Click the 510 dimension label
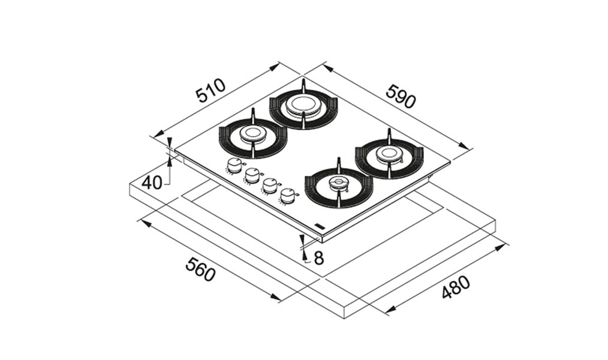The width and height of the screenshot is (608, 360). tap(210, 90)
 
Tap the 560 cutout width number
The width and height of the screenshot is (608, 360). tap(200, 269)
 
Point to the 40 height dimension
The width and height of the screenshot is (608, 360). tap(152, 182)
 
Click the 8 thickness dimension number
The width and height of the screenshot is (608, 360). tap(319, 258)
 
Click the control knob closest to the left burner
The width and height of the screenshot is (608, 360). tap(233, 166)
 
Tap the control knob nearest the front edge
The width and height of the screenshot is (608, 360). tap(287, 196)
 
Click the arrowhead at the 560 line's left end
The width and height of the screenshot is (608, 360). tap(146, 223)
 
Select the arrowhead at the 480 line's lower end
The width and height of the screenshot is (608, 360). tap(390, 309)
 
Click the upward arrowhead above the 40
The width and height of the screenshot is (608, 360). tap(169, 161)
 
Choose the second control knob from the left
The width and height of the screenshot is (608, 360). tap(252, 176)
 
